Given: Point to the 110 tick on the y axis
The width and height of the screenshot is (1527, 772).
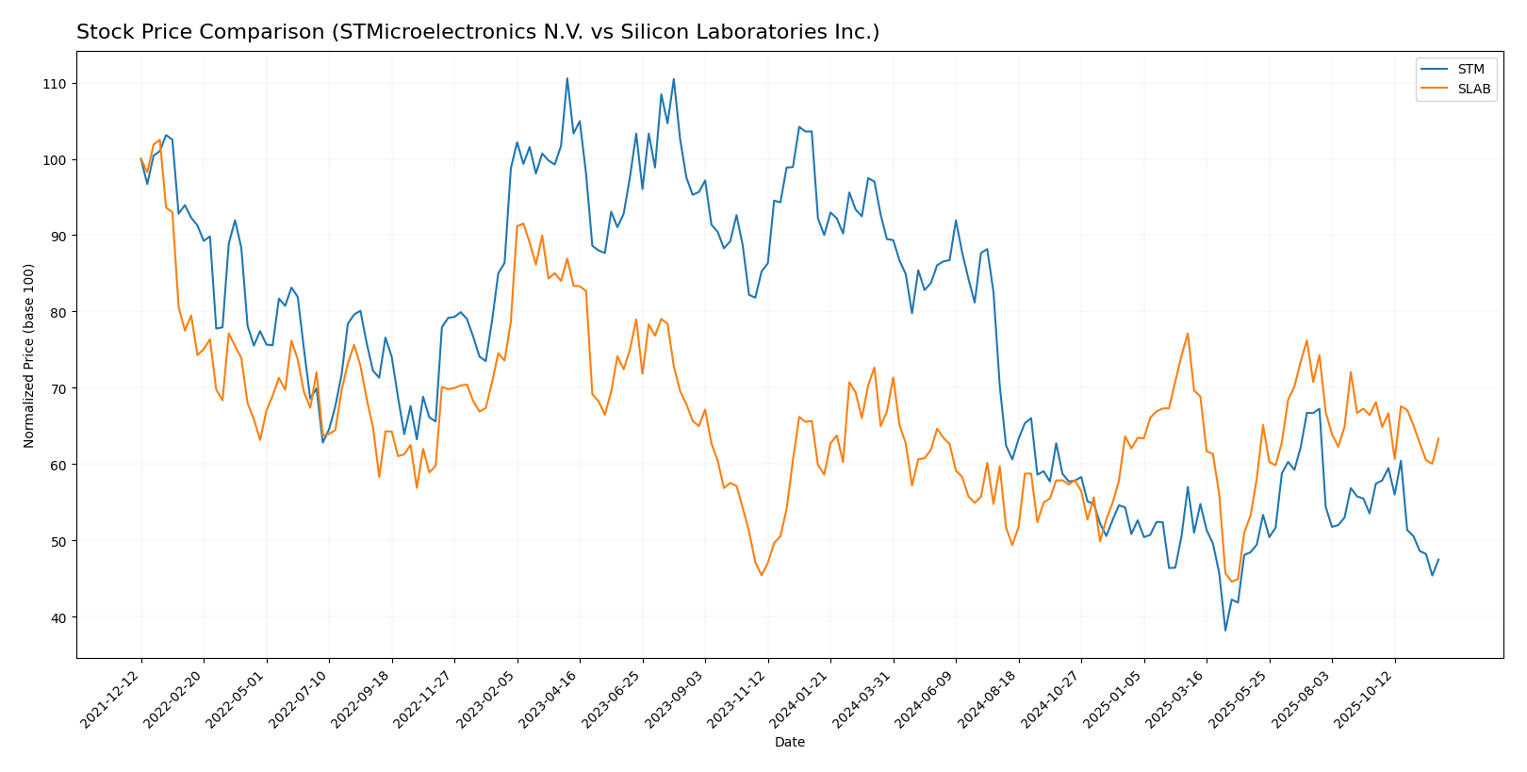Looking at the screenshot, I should [53, 84].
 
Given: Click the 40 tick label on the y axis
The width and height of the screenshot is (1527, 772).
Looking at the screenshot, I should [57, 617].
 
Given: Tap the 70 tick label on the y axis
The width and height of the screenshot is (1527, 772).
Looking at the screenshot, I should [57, 388].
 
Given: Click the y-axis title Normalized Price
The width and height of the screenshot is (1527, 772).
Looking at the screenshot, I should [29, 355].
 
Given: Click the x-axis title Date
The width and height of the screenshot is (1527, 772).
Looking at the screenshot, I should [789, 743].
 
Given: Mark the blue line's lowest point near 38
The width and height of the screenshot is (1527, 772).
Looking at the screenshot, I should [1225, 631].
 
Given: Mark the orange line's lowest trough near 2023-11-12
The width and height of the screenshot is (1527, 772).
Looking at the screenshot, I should [762, 575].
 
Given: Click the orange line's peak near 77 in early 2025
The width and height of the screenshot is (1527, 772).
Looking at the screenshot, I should [1188, 334].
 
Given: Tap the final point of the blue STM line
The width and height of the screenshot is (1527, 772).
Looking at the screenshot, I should [1438, 559].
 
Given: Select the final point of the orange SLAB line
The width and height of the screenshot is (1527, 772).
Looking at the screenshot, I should [1438, 438].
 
